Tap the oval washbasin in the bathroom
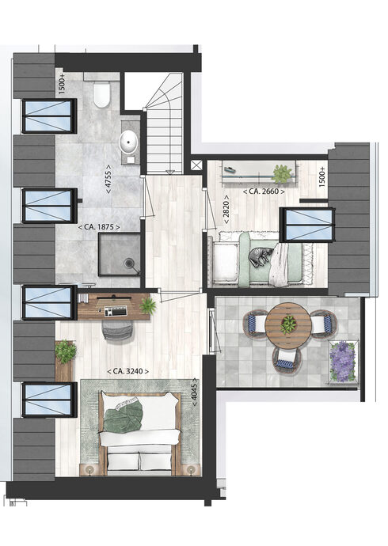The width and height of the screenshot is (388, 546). (128, 142)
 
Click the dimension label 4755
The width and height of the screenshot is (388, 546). (108, 179)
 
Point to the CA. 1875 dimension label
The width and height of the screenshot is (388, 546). (99, 227)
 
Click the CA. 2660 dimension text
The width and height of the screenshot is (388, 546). (264, 191)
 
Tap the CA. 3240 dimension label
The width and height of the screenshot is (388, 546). (127, 372)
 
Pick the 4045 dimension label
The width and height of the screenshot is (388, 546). (195, 392)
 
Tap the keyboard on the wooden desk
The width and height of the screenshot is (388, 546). (116, 311)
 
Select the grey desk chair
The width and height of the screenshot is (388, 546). (118, 330)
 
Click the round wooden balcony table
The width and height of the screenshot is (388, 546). (287, 325)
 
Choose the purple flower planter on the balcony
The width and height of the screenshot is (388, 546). (342, 362)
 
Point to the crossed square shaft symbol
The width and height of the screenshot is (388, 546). (196, 165)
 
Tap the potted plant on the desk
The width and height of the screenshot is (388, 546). (147, 305)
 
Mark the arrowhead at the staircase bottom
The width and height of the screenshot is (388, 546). (170, 172)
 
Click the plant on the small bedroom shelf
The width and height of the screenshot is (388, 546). (281, 173)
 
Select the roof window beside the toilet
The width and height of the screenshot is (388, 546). (49, 116)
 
